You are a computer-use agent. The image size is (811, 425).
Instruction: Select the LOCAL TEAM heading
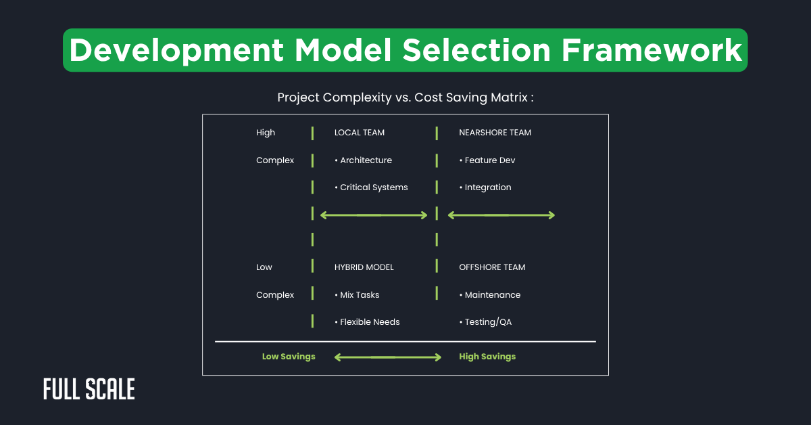coord(360,133)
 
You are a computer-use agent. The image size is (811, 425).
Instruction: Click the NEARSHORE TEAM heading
coord(495,133)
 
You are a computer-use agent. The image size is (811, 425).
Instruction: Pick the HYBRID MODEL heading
coord(364,267)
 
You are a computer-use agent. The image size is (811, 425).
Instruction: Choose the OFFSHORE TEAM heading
coord(492,267)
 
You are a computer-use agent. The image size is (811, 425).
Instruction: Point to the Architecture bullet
coord(364,160)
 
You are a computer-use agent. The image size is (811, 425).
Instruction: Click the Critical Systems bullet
coord(371,187)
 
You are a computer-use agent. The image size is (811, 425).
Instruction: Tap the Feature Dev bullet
coord(487,160)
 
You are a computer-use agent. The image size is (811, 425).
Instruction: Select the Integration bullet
coord(485,187)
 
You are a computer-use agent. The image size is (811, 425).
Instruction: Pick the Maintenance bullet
coord(490,295)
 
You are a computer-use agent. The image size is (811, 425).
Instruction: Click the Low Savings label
coord(289,357)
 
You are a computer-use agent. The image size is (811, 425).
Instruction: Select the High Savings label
coord(487,357)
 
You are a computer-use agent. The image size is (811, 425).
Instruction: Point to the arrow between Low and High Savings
coord(387,357)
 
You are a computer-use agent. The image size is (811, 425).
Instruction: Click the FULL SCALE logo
coord(89,389)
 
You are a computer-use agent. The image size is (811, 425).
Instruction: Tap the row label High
coord(266,133)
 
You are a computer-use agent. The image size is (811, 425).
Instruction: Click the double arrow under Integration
coord(501,215)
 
